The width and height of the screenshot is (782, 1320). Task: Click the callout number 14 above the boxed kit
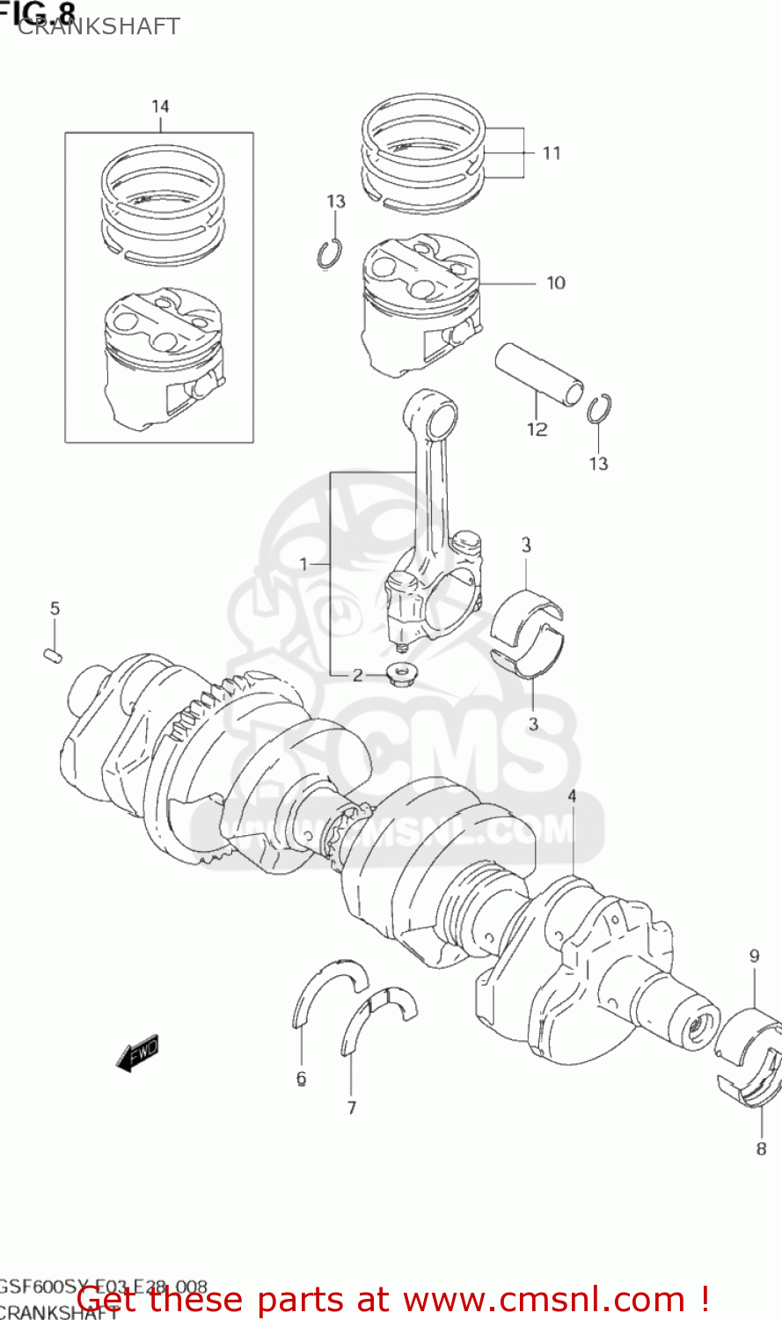click(160, 106)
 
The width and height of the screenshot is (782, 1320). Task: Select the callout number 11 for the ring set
click(552, 153)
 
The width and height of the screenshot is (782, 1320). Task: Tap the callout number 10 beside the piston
click(556, 282)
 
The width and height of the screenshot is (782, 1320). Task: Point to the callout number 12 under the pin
click(537, 429)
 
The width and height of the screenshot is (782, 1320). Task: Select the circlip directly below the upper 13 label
click(330, 254)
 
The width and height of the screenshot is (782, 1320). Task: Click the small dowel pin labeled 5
click(53, 656)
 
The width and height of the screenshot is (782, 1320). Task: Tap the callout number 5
click(55, 609)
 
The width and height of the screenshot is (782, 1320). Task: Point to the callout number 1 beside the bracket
click(304, 564)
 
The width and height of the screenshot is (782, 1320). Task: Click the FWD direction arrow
click(137, 1052)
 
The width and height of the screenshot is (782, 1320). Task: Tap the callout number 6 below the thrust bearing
click(301, 1078)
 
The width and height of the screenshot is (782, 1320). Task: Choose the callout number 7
click(352, 1108)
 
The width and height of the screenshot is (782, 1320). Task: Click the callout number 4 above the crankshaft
click(572, 796)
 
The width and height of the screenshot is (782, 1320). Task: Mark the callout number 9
click(754, 957)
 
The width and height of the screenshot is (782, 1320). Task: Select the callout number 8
click(762, 1148)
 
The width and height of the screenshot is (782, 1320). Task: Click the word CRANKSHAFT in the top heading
click(99, 26)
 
